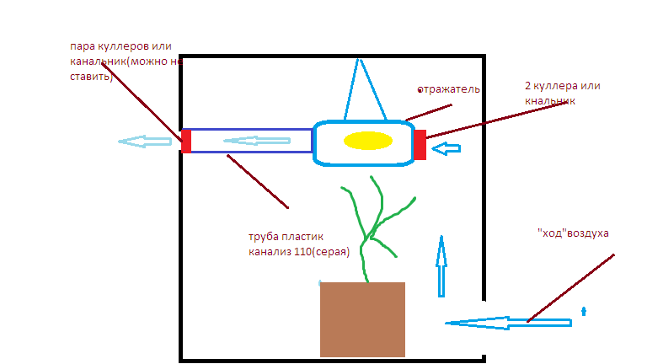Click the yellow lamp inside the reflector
tap(367, 141)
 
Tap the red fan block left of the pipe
tap(186, 142)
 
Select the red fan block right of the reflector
tap(420, 145)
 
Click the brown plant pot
tap(362, 319)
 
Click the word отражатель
tap(448, 89)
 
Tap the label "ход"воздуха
tap(573, 233)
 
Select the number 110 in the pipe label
tap(302, 251)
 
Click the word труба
tap(263, 237)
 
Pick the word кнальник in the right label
tap(549, 101)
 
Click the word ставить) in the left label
tap(91, 77)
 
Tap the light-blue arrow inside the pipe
tap(257, 141)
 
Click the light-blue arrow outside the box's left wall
tap(145, 142)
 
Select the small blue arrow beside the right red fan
tap(446, 148)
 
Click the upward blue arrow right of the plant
tap(441, 266)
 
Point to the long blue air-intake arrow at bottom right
tap(508, 323)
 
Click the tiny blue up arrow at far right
tap(584, 311)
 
